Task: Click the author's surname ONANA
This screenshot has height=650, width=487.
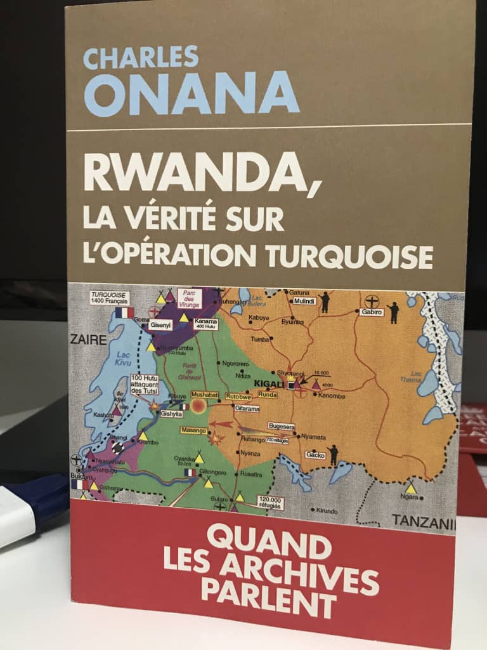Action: [x=191, y=94]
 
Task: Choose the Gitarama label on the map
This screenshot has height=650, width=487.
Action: [x=247, y=409]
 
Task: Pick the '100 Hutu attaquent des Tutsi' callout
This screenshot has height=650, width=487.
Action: [x=147, y=385]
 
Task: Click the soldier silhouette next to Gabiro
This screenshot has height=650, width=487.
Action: [x=393, y=312]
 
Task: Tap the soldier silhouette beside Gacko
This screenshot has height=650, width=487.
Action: [x=333, y=453]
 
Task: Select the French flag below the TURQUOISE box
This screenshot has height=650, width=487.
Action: [x=124, y=312]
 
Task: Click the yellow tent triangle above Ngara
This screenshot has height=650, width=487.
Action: [x=411, y=489]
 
